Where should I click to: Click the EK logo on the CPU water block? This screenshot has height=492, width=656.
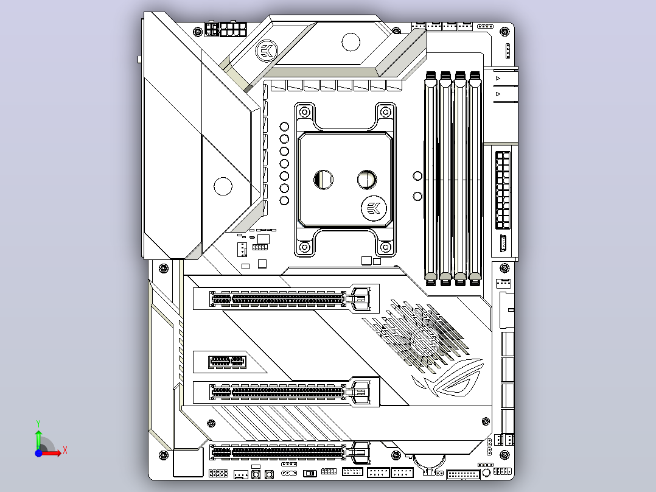click(x=373, y=208)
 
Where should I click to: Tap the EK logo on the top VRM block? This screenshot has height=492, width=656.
click(x=267, y=51)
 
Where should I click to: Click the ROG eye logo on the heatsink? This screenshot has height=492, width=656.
click(x=448, y=379)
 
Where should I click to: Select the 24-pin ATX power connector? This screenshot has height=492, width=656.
click(x=503, y=191)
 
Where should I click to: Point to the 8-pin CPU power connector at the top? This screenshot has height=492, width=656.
click(x=234, y=29)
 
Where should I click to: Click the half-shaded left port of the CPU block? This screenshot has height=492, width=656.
click(x=323, y=180)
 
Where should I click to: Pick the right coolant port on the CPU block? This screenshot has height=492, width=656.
click(x=367, y=179)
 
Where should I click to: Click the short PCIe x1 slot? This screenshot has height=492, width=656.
click(x=227, y=361)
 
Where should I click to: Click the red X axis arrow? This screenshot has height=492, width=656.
click(x=50, y=453)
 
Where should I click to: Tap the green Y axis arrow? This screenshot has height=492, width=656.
click(x=38, y=440)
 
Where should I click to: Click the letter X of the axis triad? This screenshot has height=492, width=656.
click(x=65, y=451)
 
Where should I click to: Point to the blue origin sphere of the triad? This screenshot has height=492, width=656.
click(x=38, y=453)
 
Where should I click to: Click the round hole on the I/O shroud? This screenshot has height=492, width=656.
click(x=223, y=186)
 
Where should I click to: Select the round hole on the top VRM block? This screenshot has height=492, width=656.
click(x=351, y=42)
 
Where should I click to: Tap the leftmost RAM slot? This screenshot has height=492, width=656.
click(x=431, y=178)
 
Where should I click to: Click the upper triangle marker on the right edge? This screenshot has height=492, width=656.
click(x=498, y=79)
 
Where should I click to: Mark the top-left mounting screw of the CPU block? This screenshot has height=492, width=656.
click(x=305, y=112)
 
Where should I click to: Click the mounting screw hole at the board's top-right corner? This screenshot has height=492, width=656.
click(x=505, y=32)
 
